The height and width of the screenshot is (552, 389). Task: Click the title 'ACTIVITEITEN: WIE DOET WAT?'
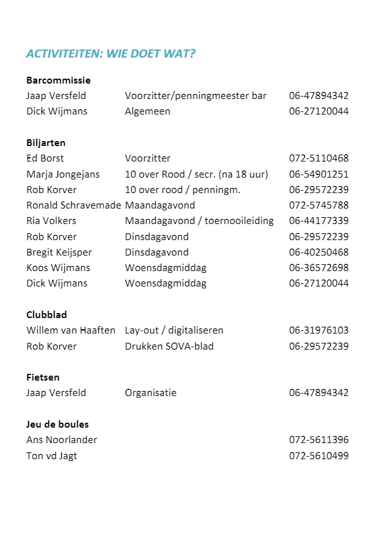point(111,54)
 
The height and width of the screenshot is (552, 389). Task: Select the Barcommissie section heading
point(58,80)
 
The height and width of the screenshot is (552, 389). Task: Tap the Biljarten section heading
point(46,142)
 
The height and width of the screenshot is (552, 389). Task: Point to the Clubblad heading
point(46,314)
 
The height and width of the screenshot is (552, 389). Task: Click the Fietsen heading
point(43,377)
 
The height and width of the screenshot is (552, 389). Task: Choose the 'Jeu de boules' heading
point(58,424)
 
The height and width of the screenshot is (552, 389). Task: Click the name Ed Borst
point(45,158)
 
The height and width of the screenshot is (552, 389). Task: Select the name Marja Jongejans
point(63,175)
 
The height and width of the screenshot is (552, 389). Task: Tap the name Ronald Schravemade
point(74,205)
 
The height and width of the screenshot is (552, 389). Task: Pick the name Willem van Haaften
point(71,330)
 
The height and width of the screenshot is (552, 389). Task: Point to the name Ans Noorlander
point(62,440)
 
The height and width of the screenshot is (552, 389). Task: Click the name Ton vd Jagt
point(52,456)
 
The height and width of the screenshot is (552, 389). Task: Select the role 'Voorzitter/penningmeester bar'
point(195,96)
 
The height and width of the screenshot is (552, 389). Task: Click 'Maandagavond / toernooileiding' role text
point(199,221)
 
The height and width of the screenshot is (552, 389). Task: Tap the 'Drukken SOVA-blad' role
point(169,346)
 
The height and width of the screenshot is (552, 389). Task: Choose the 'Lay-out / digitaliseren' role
point(174,330)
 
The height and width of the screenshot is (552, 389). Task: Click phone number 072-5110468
point(318,158)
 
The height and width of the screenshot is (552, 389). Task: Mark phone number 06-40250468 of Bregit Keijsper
point(318,252)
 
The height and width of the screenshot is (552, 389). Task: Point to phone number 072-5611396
point(318,440)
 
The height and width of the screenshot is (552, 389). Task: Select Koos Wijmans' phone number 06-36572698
point(318,268)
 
